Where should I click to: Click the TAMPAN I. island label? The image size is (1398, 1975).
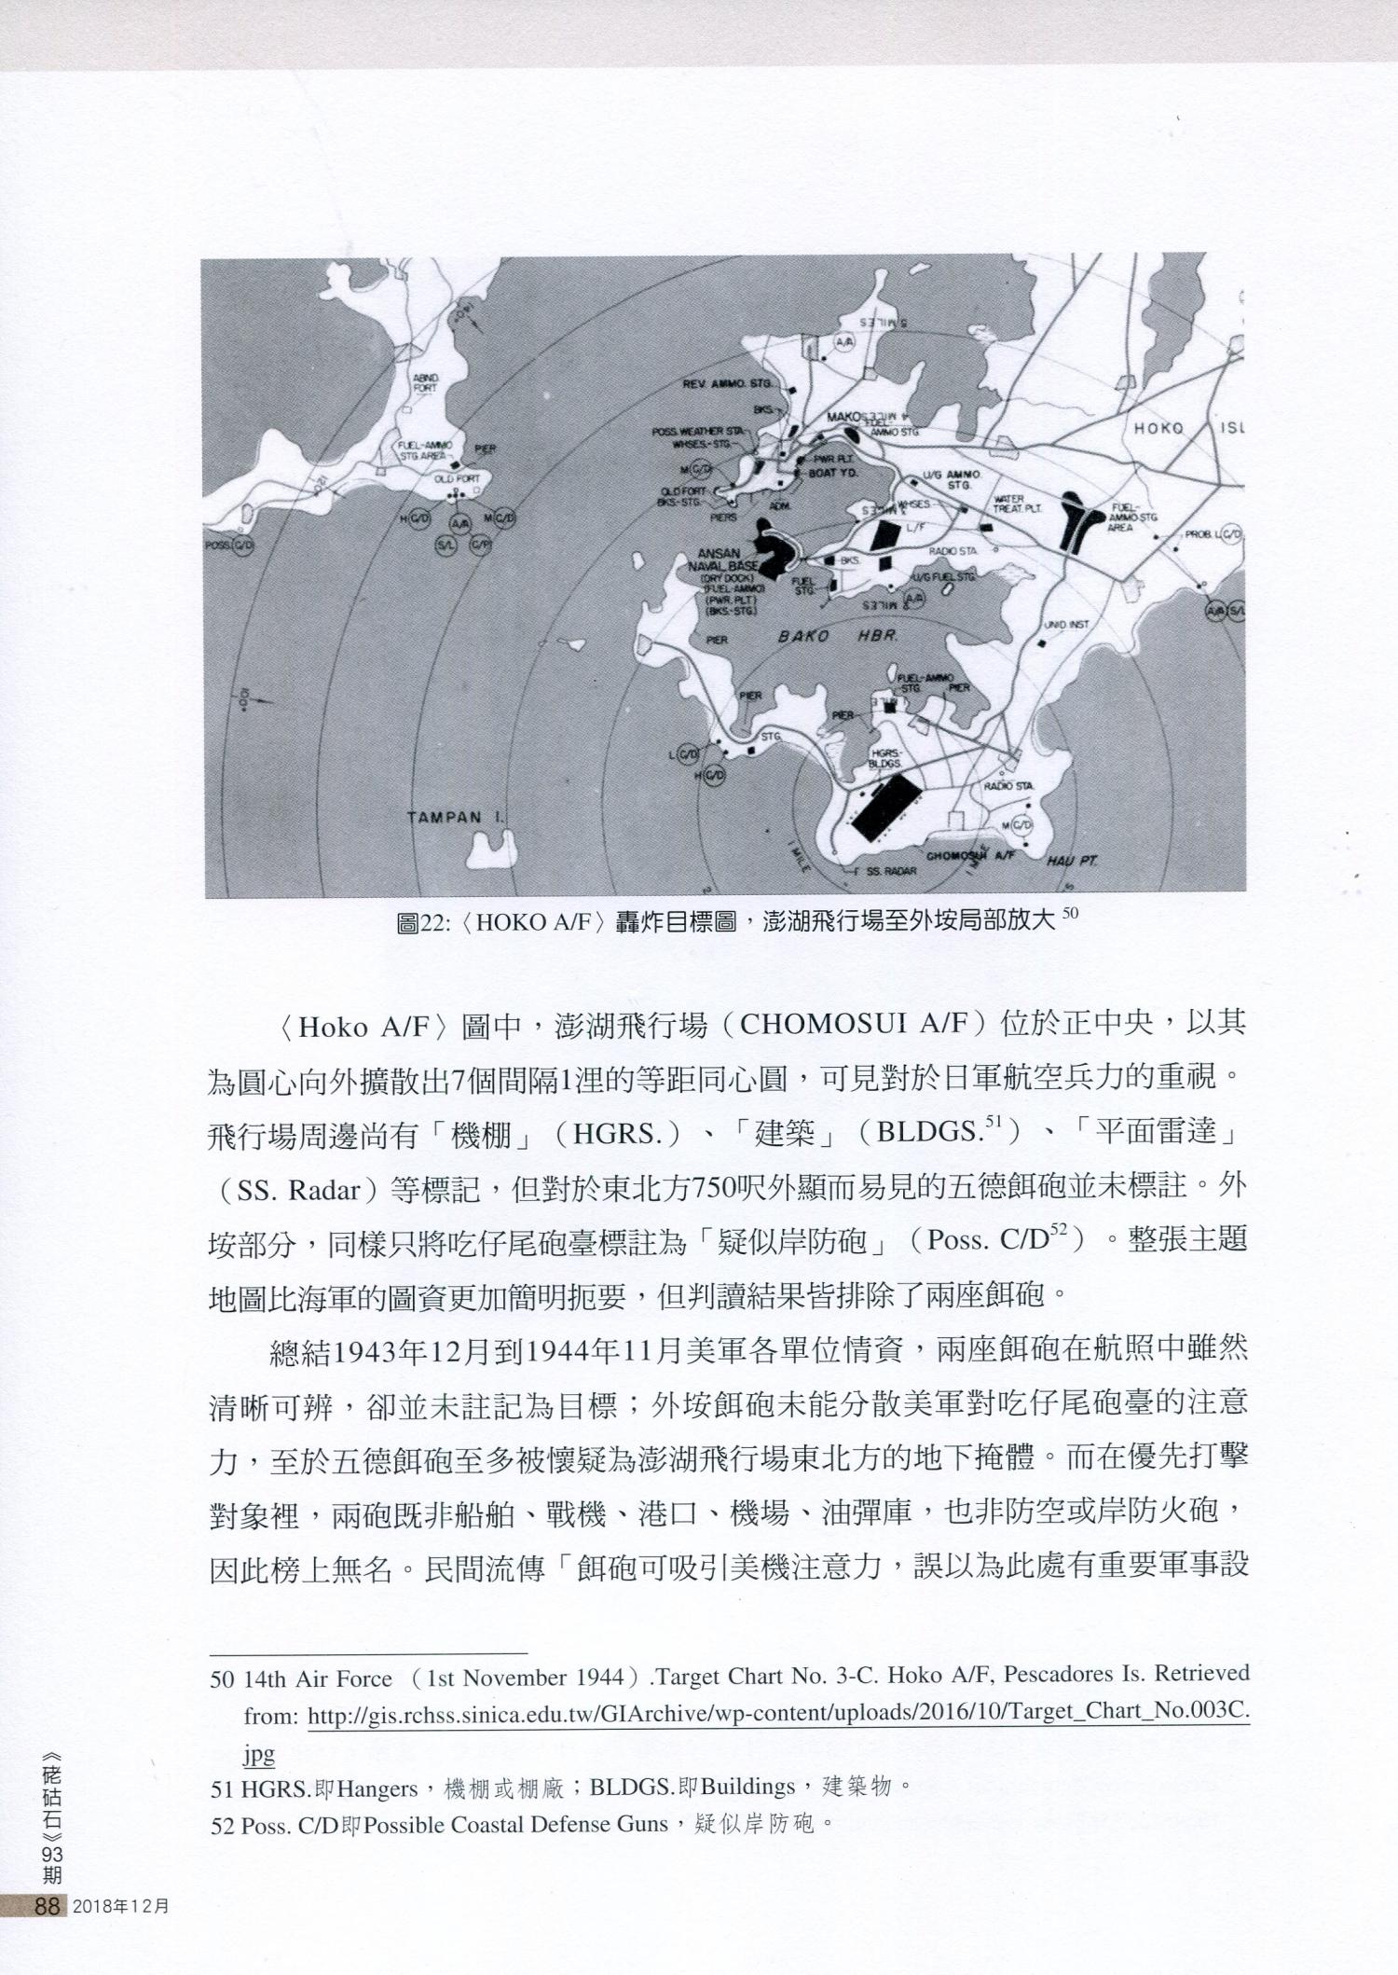coord(456,818)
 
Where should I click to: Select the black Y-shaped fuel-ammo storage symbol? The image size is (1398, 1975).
coord(1082,522)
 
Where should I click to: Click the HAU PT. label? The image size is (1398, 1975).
coord(1072,860)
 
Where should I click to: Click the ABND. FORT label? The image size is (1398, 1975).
coord(425,382)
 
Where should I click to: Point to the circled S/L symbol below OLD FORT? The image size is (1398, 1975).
coord(445,545)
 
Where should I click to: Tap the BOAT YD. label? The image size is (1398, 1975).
coord(833,473)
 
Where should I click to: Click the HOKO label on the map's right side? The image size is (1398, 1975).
coord(1158,428)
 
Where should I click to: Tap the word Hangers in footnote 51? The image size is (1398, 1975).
coord(377,1788)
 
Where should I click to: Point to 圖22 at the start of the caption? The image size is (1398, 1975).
coord(421,922)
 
